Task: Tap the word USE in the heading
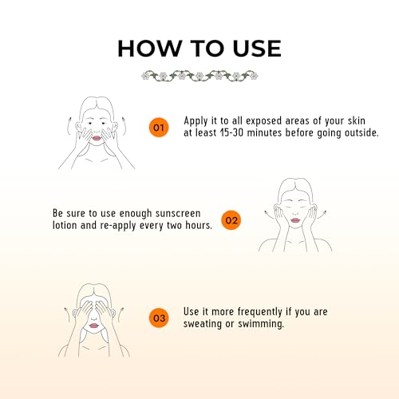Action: tap(257, 48)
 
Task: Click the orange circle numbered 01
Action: tap(159, 128)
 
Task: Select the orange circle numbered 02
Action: tap(231, 220)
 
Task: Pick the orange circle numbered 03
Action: tap(159, 318)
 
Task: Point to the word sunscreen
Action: tap(178, 213)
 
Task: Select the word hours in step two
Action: tap(199, 225)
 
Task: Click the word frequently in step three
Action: tap(259, 312)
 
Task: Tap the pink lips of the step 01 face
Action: tap(97, 138)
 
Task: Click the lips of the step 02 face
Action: tap(295, 220)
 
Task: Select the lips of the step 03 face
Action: tap(93, 326)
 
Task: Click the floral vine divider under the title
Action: tap(199, 76)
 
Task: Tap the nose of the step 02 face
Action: tap(295, 213)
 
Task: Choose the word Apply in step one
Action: tap(196, 121)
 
